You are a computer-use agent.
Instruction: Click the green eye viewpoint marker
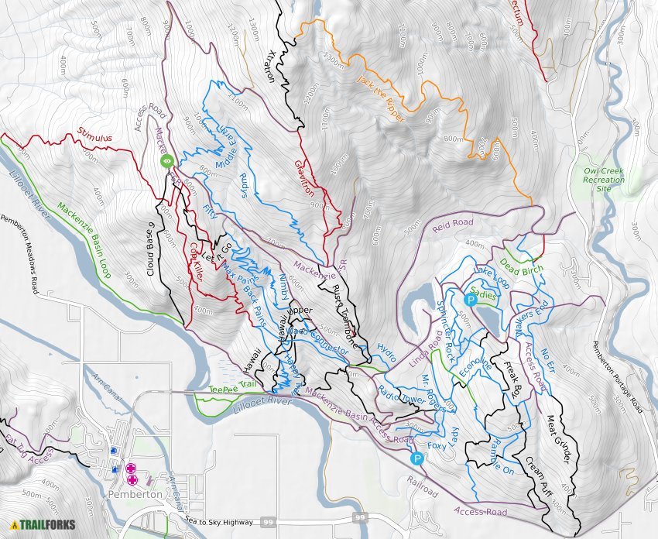166,161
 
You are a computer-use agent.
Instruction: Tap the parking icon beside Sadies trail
470,300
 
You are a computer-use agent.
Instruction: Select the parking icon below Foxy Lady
417,458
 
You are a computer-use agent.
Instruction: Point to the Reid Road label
452,223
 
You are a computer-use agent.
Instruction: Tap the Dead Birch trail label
521,269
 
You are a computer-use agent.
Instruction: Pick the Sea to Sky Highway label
220,522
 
